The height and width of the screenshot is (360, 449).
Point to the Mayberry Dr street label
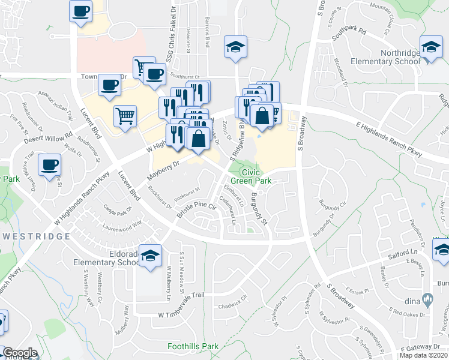(x=163, y=170)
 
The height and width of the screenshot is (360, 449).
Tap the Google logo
(x=20, y=352)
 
